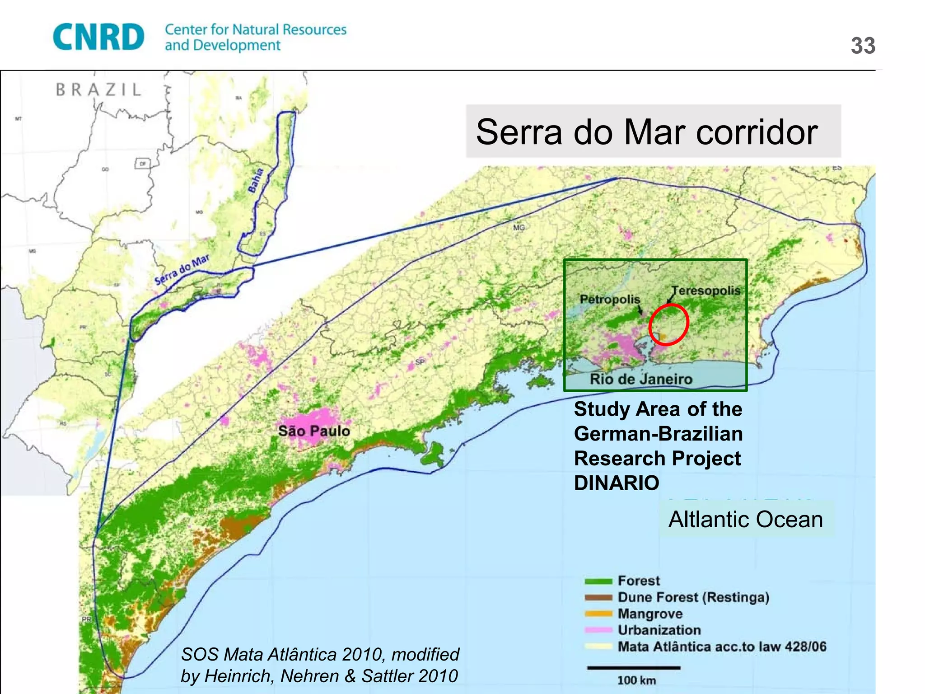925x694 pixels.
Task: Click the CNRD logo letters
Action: coord(98,37)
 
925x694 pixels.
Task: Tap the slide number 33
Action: coord(863,46)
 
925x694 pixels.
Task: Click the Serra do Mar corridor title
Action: coord(647,132)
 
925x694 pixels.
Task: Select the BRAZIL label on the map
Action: coord(99,89)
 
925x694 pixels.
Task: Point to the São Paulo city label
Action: coord(314,431)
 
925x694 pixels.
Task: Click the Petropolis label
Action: coord(610,299)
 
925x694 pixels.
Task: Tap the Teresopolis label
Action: coord(705,291)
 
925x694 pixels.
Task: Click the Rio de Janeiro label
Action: coord(640,379)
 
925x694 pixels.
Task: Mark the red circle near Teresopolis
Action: coord(669,324)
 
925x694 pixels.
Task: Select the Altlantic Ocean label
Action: coord(746,519)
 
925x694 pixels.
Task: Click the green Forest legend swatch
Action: coord(598,581)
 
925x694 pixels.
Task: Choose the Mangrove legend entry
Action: coord(650,614)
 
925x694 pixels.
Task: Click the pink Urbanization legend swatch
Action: coord(598,630)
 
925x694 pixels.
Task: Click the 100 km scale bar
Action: coord(633,668)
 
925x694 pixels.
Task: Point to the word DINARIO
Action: coord(617,483)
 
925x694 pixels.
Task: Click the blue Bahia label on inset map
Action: coord(256,180)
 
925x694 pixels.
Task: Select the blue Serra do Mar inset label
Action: coord(182,270)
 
